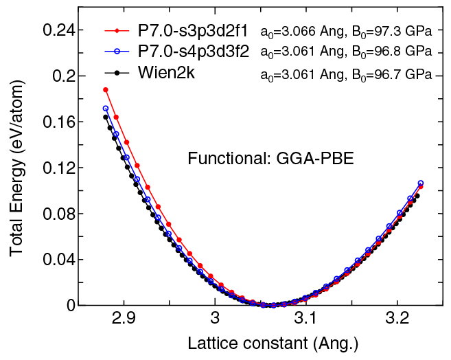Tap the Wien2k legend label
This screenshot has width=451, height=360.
(165, 72)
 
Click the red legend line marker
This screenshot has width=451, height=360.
(117, 32)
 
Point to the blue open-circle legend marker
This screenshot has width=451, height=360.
(117, 52)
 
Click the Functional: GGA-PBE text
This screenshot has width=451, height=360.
(270, 159)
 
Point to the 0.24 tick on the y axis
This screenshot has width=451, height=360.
(57, 30)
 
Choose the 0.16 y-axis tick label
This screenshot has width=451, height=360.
(57, 122)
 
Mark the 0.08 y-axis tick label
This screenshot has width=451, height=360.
(57, 214)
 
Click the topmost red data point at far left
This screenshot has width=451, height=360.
(106, 89)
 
